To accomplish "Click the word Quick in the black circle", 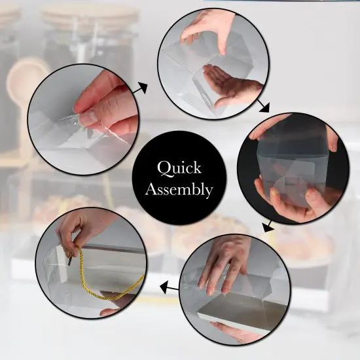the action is (179, 168).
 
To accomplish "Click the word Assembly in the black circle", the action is (179, 190).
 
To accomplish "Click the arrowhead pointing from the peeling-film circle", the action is (142, 88).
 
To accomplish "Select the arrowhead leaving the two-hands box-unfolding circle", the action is (264, 108).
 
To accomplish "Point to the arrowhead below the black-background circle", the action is (268, 228).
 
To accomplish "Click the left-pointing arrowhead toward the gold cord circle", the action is (164, 287).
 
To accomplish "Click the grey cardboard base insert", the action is (241, 310).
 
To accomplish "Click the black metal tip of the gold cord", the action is (70, 261).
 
